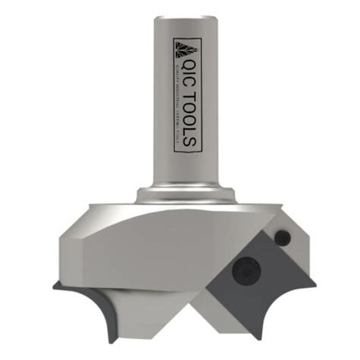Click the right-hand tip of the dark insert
(x=313, y=283)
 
